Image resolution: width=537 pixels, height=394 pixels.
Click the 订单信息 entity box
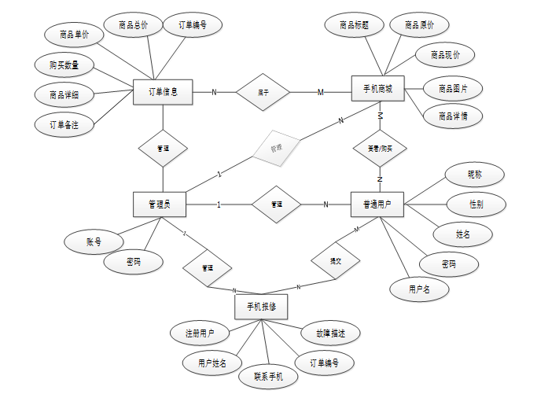[163, 92]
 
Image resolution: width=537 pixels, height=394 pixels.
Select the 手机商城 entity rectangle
[378, 92]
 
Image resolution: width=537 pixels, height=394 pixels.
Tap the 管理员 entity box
[163, 204]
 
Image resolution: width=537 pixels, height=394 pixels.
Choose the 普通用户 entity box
[378, 204]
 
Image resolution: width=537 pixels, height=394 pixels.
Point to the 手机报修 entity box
[261, 306]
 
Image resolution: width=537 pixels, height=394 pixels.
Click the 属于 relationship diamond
[263, 92]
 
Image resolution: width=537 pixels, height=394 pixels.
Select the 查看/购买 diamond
[379, 148]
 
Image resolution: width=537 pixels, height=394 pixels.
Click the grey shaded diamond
[276, 147]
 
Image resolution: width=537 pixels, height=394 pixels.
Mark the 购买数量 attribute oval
[64, 64]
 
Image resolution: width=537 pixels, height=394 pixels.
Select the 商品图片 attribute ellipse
[452, 87]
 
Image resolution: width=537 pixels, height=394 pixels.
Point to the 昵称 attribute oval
[475, 174]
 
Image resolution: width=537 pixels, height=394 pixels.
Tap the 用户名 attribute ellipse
[419, 289]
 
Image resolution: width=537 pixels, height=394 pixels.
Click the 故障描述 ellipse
[329, 333]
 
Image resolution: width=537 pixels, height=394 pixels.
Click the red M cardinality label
[320, 92]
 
